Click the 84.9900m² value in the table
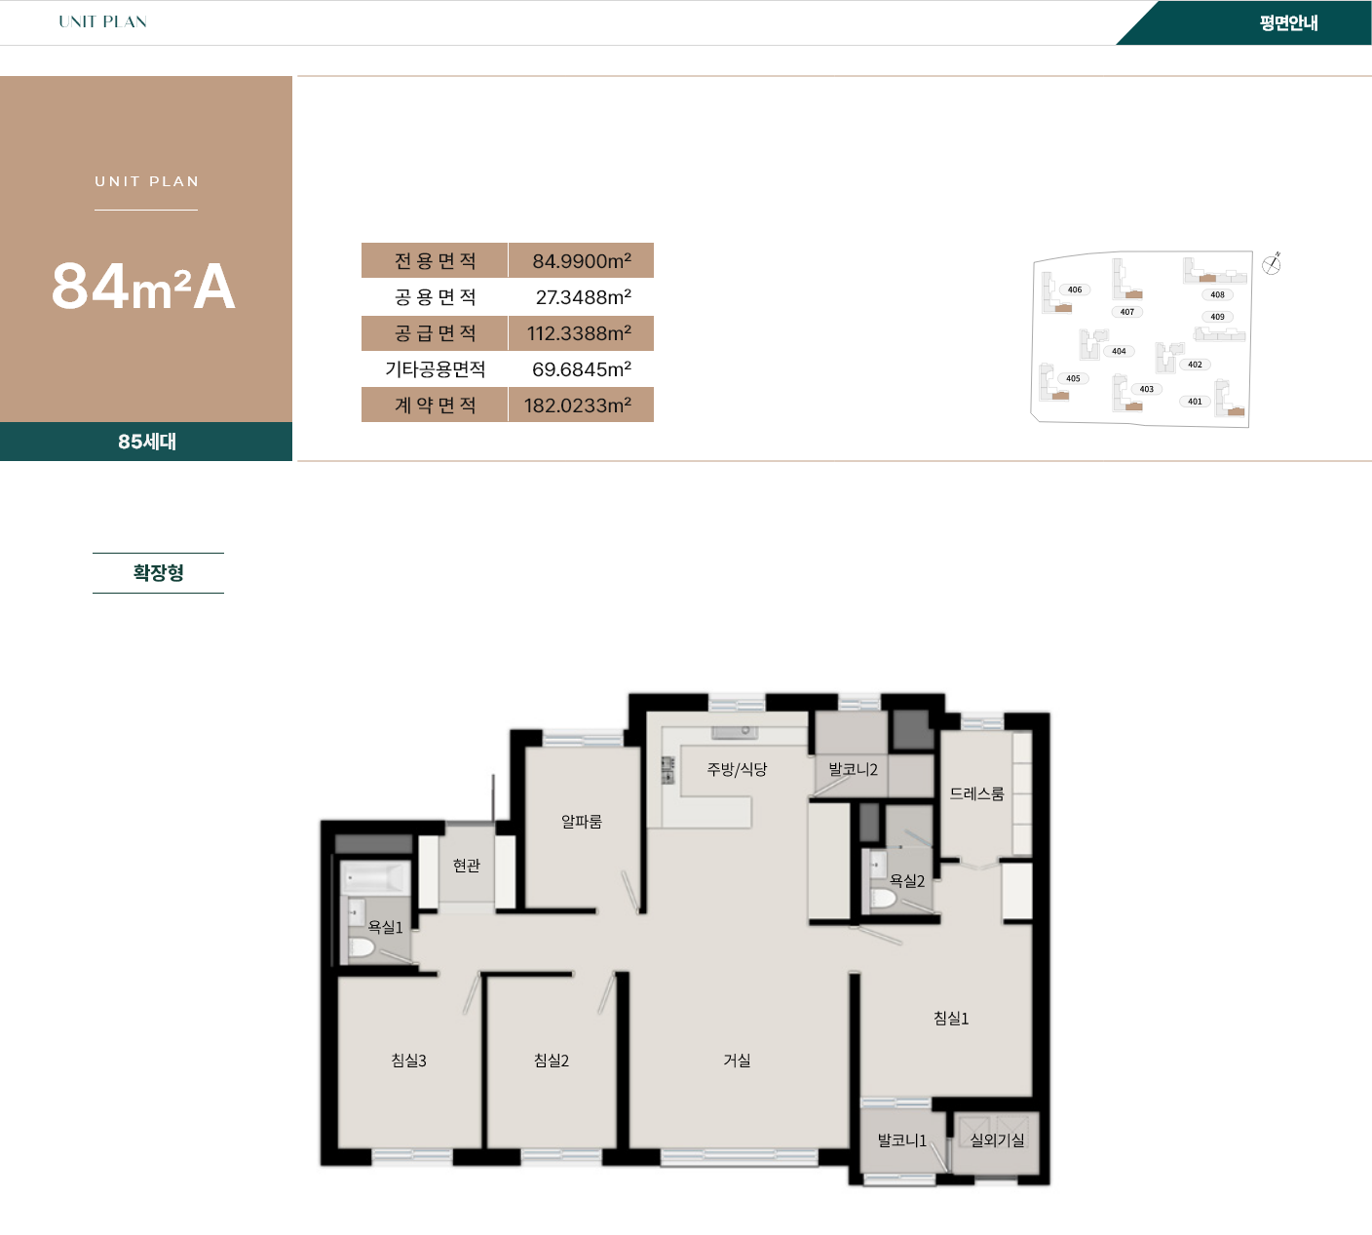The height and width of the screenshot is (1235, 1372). click(x=581, y=261)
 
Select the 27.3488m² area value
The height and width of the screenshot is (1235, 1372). click(x=583, y=297)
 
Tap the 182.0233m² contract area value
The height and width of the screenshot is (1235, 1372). click(x=577, y=405)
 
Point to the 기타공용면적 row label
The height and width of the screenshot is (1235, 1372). click(x=435, y=369)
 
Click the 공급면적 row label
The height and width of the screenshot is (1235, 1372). click(x=435, y=333)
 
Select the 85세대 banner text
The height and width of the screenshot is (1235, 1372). click(x=146, y=442)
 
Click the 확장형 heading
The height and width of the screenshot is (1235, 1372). click(x=158, y=573)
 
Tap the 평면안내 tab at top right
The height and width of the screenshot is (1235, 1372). click(x=1287, y=23)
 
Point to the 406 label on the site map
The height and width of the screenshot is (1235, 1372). click(x=1074, y=289)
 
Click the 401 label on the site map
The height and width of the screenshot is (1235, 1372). click(x=1195, y=402)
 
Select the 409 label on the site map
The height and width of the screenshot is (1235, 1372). click(x=1217, y=317)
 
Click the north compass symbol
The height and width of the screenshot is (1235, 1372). click(x=1272, y=263)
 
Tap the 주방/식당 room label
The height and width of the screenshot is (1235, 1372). click(x=737, y=769)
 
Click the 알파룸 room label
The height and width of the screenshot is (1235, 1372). click(x=581, y=822)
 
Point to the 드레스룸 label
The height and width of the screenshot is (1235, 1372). click(x=976, y=793)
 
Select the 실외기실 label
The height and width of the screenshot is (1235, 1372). click(x=997, y=1139)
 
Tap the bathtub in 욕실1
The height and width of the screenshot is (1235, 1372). click(x=376, y=878)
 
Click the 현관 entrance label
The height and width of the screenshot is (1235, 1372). click(x=466, y=866)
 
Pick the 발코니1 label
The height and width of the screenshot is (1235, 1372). click(x=901, y=1139)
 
